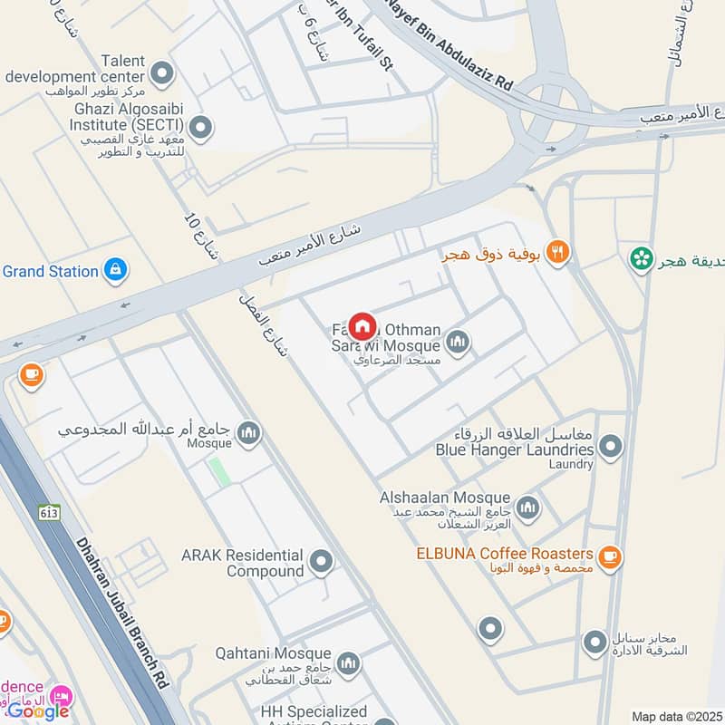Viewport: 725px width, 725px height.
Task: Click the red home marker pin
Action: tap(362, 325)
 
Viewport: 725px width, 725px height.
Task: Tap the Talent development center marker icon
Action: tap(162, 72)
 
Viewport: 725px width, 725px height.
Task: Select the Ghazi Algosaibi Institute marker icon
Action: tap(200, 126)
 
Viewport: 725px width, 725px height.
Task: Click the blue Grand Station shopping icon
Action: tap(115, 270)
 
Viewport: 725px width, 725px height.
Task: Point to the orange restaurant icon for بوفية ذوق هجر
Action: tap(558, 253)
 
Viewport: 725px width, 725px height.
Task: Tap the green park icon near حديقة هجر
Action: tap(642, 258)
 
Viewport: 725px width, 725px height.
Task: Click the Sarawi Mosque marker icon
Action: tap(458, 342)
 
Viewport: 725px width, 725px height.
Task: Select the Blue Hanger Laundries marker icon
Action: tap(611, 446)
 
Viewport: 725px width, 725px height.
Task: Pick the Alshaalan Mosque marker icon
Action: tap(527, 508)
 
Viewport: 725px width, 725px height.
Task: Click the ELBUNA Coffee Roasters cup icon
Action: tap(610, 555)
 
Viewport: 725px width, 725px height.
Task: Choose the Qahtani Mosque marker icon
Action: tap(348, 664)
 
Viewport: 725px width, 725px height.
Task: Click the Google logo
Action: tap(37, 710)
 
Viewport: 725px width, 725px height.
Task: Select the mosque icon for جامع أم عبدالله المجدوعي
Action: tap(249, 434)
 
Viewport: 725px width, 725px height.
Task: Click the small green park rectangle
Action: tap(217, 471)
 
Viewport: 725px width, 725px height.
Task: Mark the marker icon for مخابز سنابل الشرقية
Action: tap(594, 643)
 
